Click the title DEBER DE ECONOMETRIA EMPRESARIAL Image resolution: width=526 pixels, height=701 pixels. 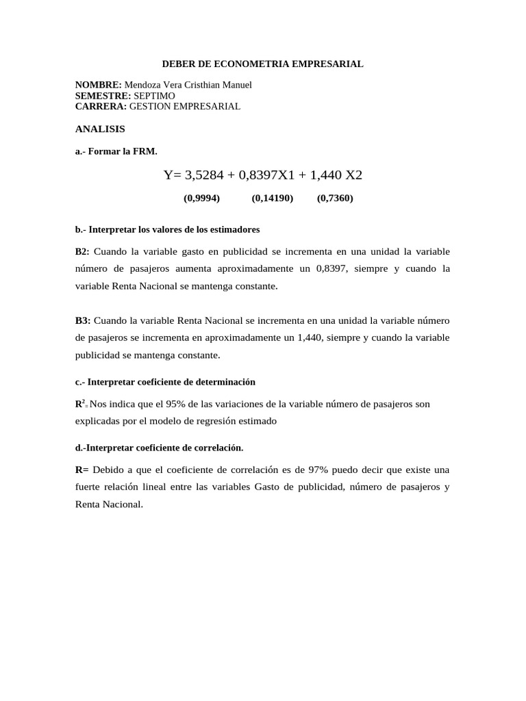point(262,64)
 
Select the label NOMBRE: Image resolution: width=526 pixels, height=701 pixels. point(99,85)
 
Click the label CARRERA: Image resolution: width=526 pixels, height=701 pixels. point(101,107)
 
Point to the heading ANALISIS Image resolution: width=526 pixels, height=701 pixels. point(100,129)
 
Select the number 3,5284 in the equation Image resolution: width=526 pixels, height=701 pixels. point(205,175)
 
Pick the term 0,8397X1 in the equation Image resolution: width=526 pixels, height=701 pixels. point(267,175)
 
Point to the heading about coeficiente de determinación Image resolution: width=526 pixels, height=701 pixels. point(164,382)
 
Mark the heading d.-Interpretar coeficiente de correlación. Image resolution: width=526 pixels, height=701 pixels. point(159,448)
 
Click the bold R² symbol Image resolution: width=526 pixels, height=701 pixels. point(79,404)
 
